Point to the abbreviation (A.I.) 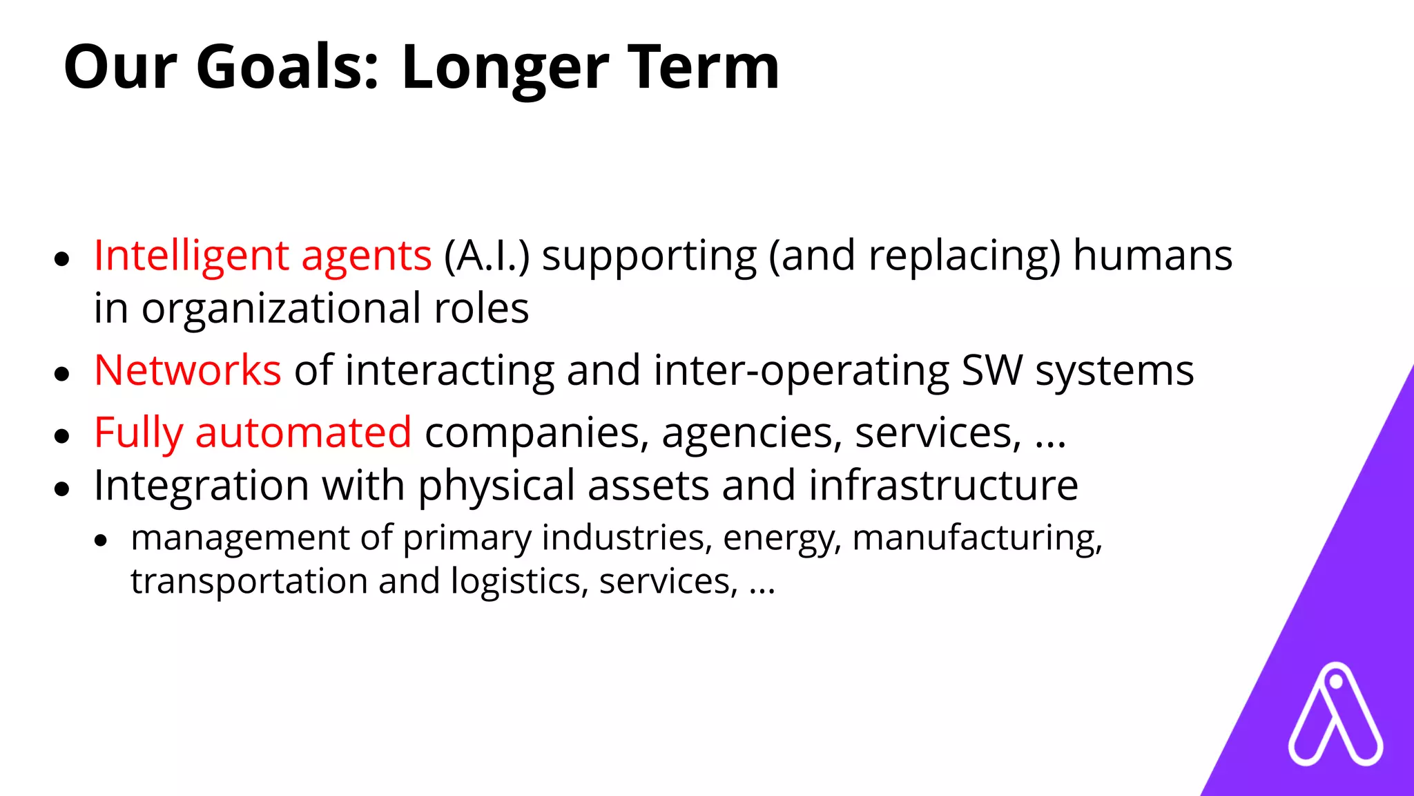(487, 256)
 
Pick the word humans (1152, 256)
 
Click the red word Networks (187, 370)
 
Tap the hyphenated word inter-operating (802, 371)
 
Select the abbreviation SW (992, 370)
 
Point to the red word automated (303, 433)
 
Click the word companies (537, 434)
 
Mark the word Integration (201, 486)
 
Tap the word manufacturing (977, 538)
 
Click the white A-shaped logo (1335, 714)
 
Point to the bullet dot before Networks (62, 374)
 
